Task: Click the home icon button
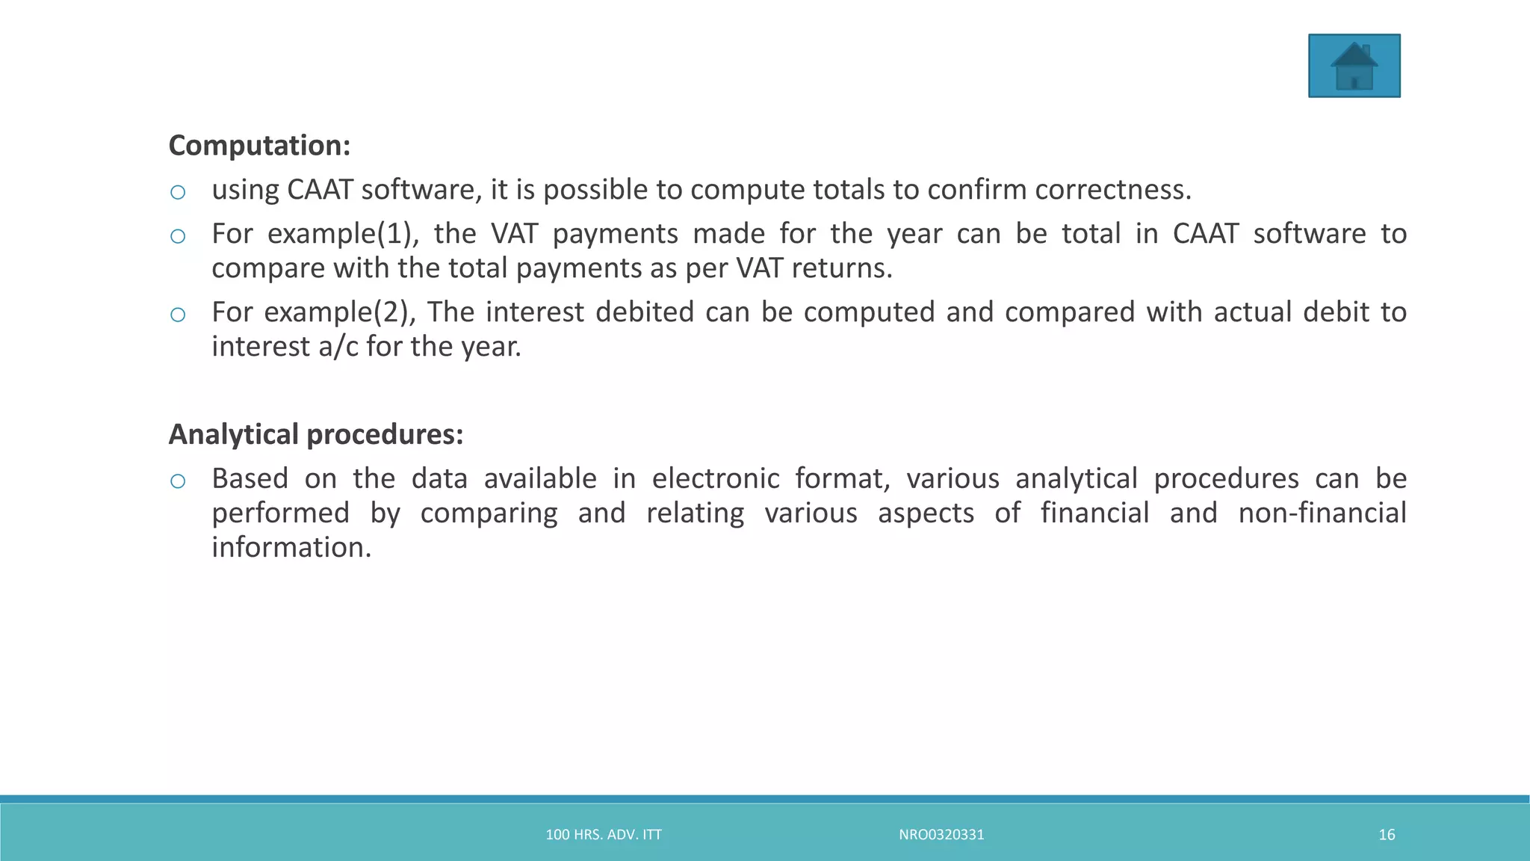pyautogui.click(x=1354, y=66)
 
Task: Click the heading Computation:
pyautogui.click(x=259, y=146)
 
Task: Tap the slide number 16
pyautogui.click(x=1387, y=835)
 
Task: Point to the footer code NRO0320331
pyautogui.click(x=941, y=835)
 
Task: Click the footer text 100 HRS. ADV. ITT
pyautogui.click(x=604, y=835)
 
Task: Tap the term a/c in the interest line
pyautogui.click(x=338, y=347)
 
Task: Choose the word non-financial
pyautogui.click(x=1322, y=513)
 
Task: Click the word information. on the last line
pyautogui.click(x=291, y=548)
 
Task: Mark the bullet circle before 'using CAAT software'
pyautogui.click(x=178, y=193)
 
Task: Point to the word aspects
pyautogui.click(x=926, y=513)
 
